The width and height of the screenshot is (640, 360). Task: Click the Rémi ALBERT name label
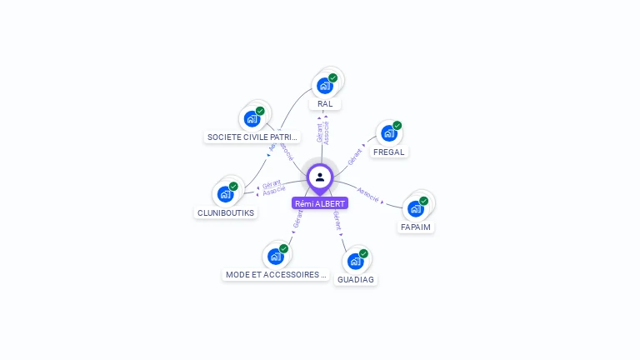(320, 203)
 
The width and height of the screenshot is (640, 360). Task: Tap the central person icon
(320, 177)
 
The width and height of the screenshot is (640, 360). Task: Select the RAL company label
(325, 104)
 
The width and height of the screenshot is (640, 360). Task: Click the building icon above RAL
(325, 85)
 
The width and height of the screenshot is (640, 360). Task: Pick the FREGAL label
(389, 152)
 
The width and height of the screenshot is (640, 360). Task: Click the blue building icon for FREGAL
(388, 133)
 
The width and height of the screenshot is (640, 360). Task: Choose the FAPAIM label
(416, 227)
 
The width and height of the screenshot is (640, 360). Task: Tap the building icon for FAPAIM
(415, 208)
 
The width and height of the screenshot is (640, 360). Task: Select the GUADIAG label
(356, 280)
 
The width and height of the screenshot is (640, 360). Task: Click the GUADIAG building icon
(355, 262)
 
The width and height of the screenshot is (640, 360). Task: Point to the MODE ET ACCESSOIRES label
(276, 275)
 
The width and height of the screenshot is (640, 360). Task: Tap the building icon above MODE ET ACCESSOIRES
(275, 257)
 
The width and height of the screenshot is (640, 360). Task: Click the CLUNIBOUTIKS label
(226, 212)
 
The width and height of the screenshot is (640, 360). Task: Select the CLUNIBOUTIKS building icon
(225, 194)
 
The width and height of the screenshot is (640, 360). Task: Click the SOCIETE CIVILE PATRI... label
(252, 137)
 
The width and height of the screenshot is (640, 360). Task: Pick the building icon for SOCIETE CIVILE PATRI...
(252, 118)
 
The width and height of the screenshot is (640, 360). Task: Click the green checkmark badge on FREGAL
(397, 126)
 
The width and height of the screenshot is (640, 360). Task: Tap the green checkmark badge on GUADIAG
(363, 253)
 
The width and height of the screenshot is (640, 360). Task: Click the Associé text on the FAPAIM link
(367, 197)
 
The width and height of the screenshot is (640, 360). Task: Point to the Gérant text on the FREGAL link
(354, 154)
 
